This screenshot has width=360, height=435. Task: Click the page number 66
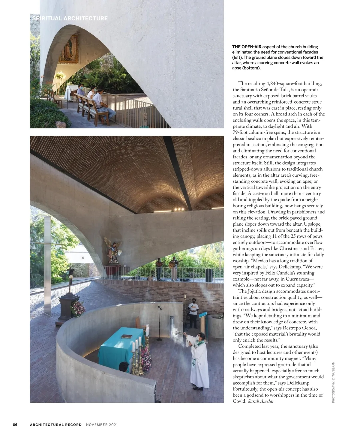[15, 424]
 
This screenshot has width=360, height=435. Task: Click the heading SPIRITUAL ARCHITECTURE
[70, 18]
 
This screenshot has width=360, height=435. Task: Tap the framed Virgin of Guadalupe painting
[69, 49]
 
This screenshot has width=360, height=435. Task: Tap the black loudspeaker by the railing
[208, 275]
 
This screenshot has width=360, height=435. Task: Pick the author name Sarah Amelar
[261, 401]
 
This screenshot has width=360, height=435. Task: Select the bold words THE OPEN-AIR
[247, 47]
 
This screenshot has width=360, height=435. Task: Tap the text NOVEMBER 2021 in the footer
[102, 424]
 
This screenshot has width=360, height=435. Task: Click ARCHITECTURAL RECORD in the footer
[56, 424]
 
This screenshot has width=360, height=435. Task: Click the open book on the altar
[126, 336]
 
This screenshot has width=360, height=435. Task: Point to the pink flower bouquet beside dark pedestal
[77, 308]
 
